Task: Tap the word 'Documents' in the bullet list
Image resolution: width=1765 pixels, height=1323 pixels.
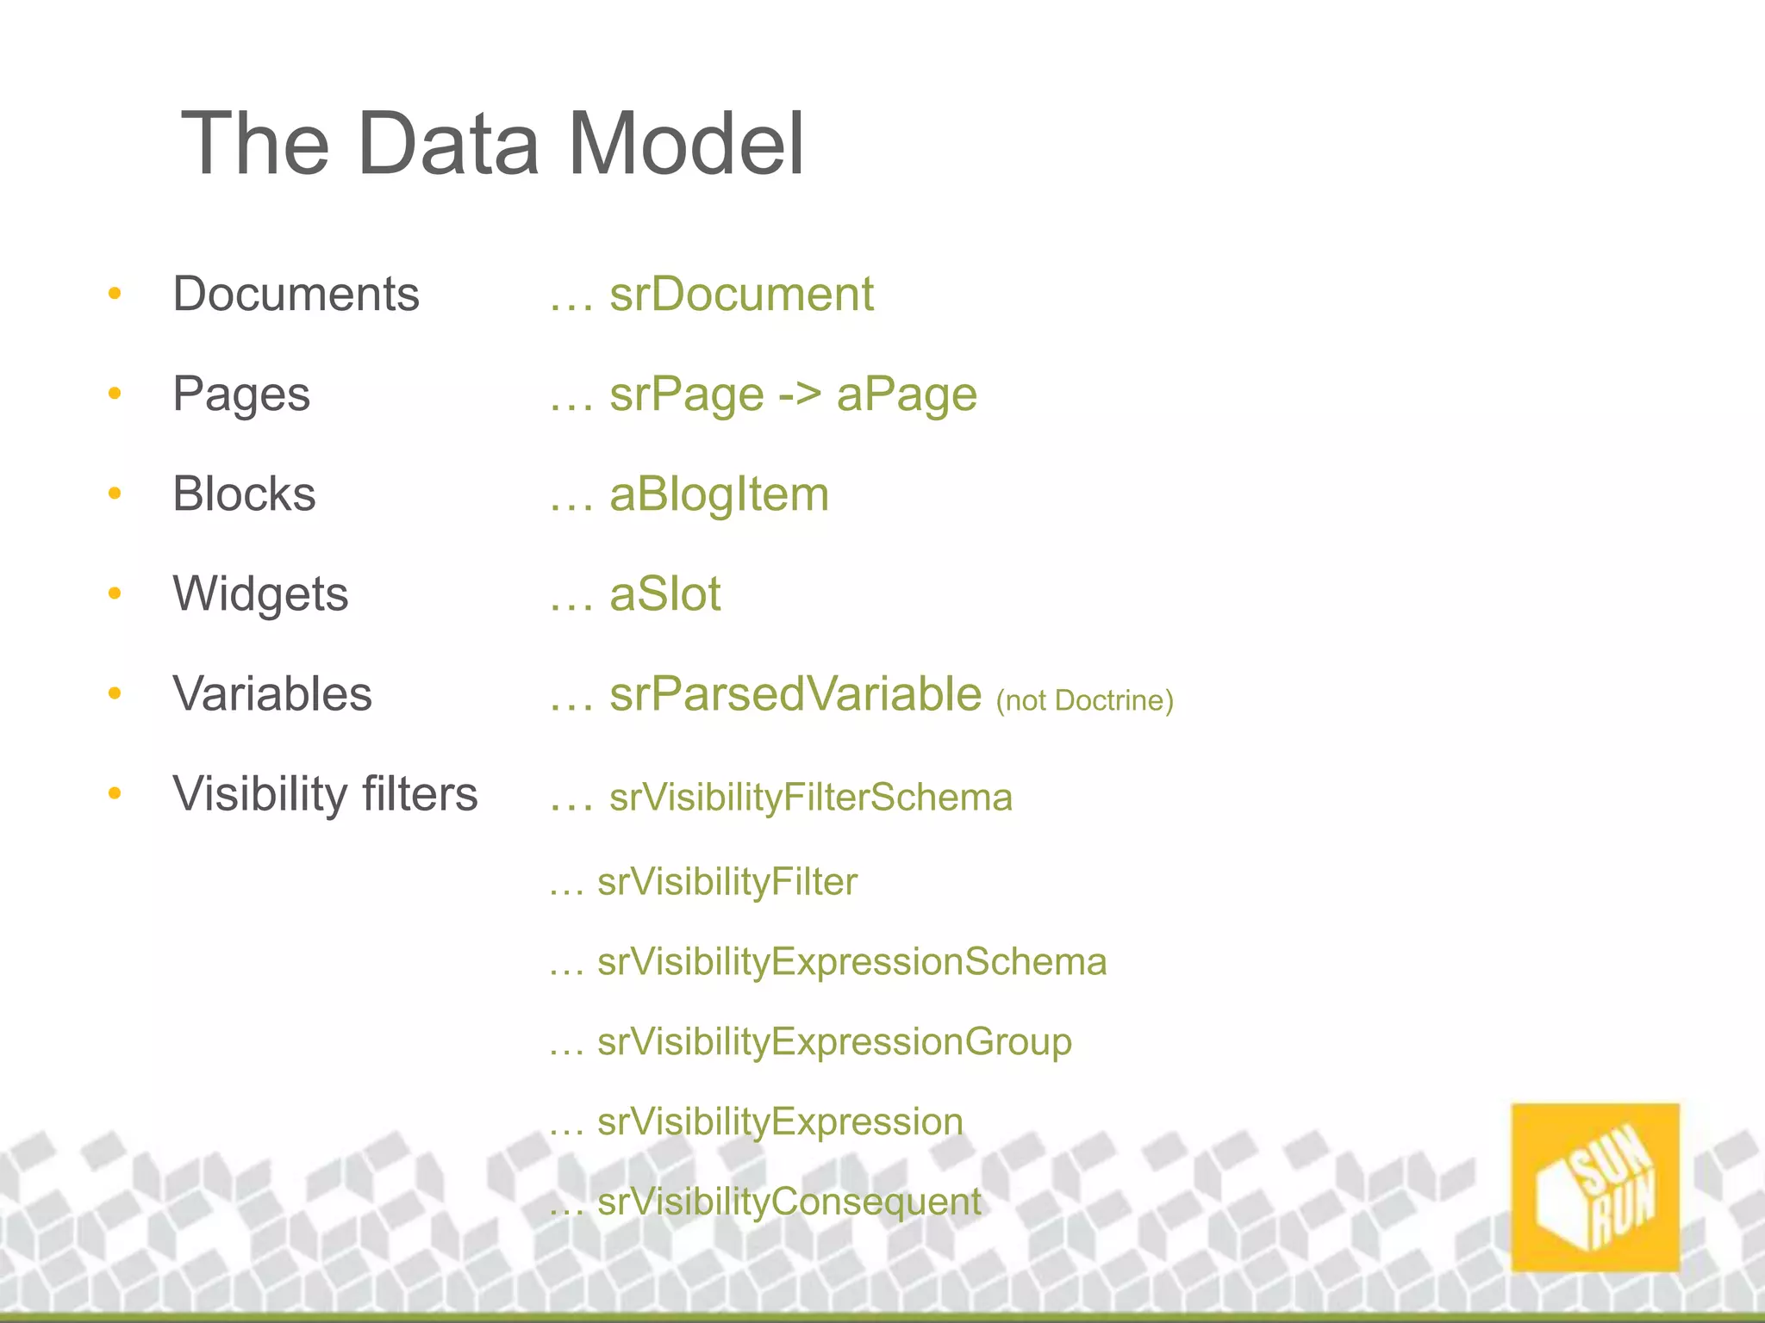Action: [296, 294]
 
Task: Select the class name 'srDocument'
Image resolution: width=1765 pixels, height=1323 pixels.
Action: [741, 294]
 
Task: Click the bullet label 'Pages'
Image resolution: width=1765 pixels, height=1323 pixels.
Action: [241, 394]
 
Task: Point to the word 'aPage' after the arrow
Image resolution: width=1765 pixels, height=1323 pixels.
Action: [907, 395]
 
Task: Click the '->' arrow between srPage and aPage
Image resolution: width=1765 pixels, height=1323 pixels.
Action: [800, 395]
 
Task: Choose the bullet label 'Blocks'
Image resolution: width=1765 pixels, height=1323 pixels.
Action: [244, 494]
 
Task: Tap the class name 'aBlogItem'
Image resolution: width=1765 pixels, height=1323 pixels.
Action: [719, 495]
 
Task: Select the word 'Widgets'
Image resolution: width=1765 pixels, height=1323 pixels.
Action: [260, 594]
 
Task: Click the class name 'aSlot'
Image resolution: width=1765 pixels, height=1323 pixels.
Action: [664, 594]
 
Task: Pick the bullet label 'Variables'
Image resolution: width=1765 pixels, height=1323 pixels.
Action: [272, 694]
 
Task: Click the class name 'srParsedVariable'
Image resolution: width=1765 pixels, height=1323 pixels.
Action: [795, 694]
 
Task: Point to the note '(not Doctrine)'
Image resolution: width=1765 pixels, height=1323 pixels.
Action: [1084, 700]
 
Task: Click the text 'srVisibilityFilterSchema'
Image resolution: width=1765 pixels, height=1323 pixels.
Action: [810, 798]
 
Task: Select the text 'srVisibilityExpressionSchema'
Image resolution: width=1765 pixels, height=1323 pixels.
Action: [851, 962]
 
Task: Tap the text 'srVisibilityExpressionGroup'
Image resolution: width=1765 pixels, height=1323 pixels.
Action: [834, 1042]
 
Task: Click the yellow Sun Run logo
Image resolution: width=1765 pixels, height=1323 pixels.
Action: [1595, 1187]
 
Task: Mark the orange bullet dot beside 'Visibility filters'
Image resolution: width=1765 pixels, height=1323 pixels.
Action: [115, 793]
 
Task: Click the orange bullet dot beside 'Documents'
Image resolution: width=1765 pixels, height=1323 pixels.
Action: [115, 294]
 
